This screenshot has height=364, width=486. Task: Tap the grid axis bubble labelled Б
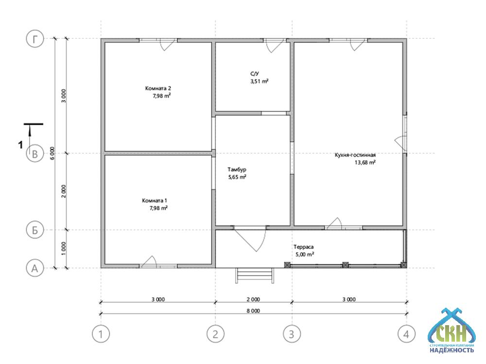click(x=35, y=230)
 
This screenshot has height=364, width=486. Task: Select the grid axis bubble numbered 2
click(x=215, y=334)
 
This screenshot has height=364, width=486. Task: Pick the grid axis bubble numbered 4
click(x=406, y=334)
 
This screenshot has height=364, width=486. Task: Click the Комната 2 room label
click(x=158, y=88)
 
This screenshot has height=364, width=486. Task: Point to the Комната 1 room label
click(x=155, y=200)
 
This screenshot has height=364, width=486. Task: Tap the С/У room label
click(x=255, y=74)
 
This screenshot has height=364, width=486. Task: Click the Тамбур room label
click(x=237, y=169)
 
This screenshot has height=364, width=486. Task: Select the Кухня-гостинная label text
click(x=355, y=155)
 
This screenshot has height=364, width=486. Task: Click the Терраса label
click(x=304, y=247)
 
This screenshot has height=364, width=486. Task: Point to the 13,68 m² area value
click(x=365, y=163)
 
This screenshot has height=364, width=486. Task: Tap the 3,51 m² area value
click(x=260, y=82)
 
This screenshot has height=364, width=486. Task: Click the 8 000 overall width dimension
click(x=253, y=311)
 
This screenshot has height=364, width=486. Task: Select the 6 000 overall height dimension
click(x=52, y=153)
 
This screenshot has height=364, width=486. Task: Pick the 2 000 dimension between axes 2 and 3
click(x=253, y=299)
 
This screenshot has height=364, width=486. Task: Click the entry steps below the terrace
click(x=255, y=276)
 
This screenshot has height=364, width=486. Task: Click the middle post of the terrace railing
click(x=345, y=265)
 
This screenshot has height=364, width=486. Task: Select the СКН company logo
click(x=451, y=331)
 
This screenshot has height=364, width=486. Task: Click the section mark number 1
click(x=21, y=145)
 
